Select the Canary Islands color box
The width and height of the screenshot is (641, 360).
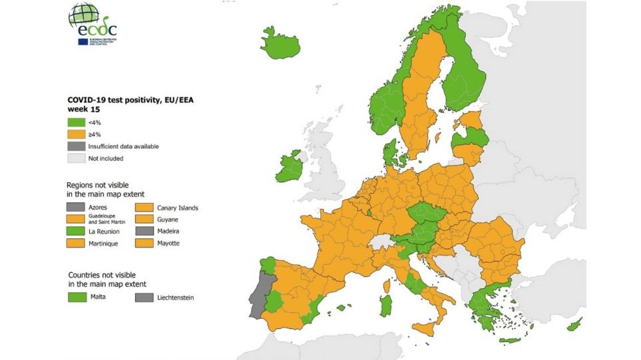pyautogui.click(x=147, y=208)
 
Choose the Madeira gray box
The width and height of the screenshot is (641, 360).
pyautogui.click(x=147, y=231)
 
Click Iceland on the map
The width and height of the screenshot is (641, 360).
pyautogui.click(x=280, y=45)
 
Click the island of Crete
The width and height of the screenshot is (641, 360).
pyautogui.click(x=510, y=340)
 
